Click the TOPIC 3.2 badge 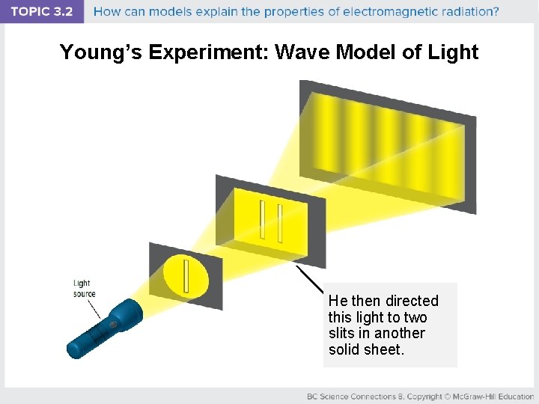[x=42, y=11]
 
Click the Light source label [x=83, y=288]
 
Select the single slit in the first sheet [x=186, y=276]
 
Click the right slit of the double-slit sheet [x=279, y=224]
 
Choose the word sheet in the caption [x=384, y=350]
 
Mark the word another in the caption [x=400, y=334]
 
